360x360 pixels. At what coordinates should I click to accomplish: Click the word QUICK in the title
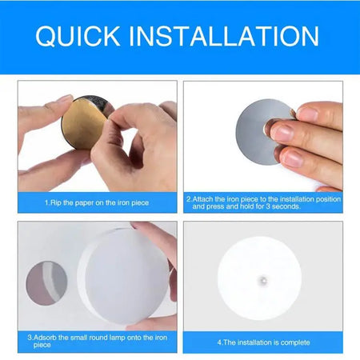(78, 37)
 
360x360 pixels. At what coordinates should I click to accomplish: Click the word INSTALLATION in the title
(224, 36)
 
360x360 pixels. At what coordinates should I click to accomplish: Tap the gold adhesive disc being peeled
(83, 125)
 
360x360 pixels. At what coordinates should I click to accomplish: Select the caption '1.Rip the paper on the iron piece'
(97, 202)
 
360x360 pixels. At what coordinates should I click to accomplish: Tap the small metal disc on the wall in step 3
(46, 283)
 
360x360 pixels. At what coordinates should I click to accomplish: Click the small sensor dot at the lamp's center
(262, 280)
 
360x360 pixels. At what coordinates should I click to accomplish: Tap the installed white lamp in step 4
(259, 278)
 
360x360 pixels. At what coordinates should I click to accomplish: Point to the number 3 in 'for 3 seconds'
(268, 206)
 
